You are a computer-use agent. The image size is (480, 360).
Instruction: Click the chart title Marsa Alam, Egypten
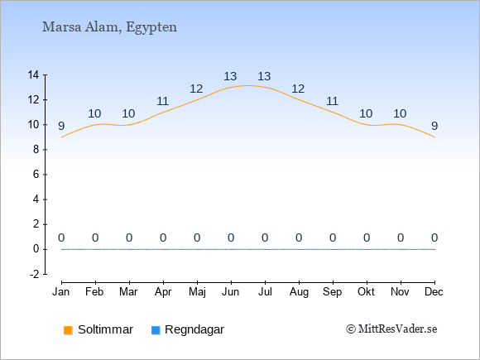click(x=109, y=27)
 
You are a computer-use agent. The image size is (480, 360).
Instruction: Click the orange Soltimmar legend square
click(x=68, y=330)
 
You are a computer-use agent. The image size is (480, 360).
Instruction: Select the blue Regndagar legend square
click(x=156, y=330)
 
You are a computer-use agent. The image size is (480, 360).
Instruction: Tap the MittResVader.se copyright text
click(x=391, y=329)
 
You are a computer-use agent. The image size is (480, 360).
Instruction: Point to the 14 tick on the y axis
click(x=33, y=74)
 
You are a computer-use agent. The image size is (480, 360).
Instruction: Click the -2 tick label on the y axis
click(x=35, y=274)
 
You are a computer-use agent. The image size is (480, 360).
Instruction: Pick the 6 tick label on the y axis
click(x=36, y=175)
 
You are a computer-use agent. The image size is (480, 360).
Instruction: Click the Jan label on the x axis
click(x=61, y=292)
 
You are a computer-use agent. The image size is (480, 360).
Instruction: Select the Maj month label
click(x=197, y=292)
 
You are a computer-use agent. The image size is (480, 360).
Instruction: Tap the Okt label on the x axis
click(x=366, y=292)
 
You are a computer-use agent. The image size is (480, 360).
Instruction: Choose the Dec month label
click(x=434, y=292)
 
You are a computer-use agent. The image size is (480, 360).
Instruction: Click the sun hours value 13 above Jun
click(x=230, y=76)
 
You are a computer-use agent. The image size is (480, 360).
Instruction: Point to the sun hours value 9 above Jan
click(x=61, y=126)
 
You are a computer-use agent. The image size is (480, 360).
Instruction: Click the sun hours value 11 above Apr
click(x=162, y=101)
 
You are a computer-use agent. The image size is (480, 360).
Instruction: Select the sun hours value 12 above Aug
click(x=298, y=89)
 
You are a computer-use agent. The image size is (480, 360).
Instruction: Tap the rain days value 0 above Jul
click(x=265, y=238)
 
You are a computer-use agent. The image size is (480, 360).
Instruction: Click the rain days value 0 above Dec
click(x=434, y=238)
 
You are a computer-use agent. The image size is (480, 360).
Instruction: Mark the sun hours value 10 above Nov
click(x=400, y=113)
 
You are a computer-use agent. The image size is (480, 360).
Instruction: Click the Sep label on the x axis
click(x=333, y=292)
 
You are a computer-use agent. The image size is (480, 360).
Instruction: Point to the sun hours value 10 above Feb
click(x=94, y=113)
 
